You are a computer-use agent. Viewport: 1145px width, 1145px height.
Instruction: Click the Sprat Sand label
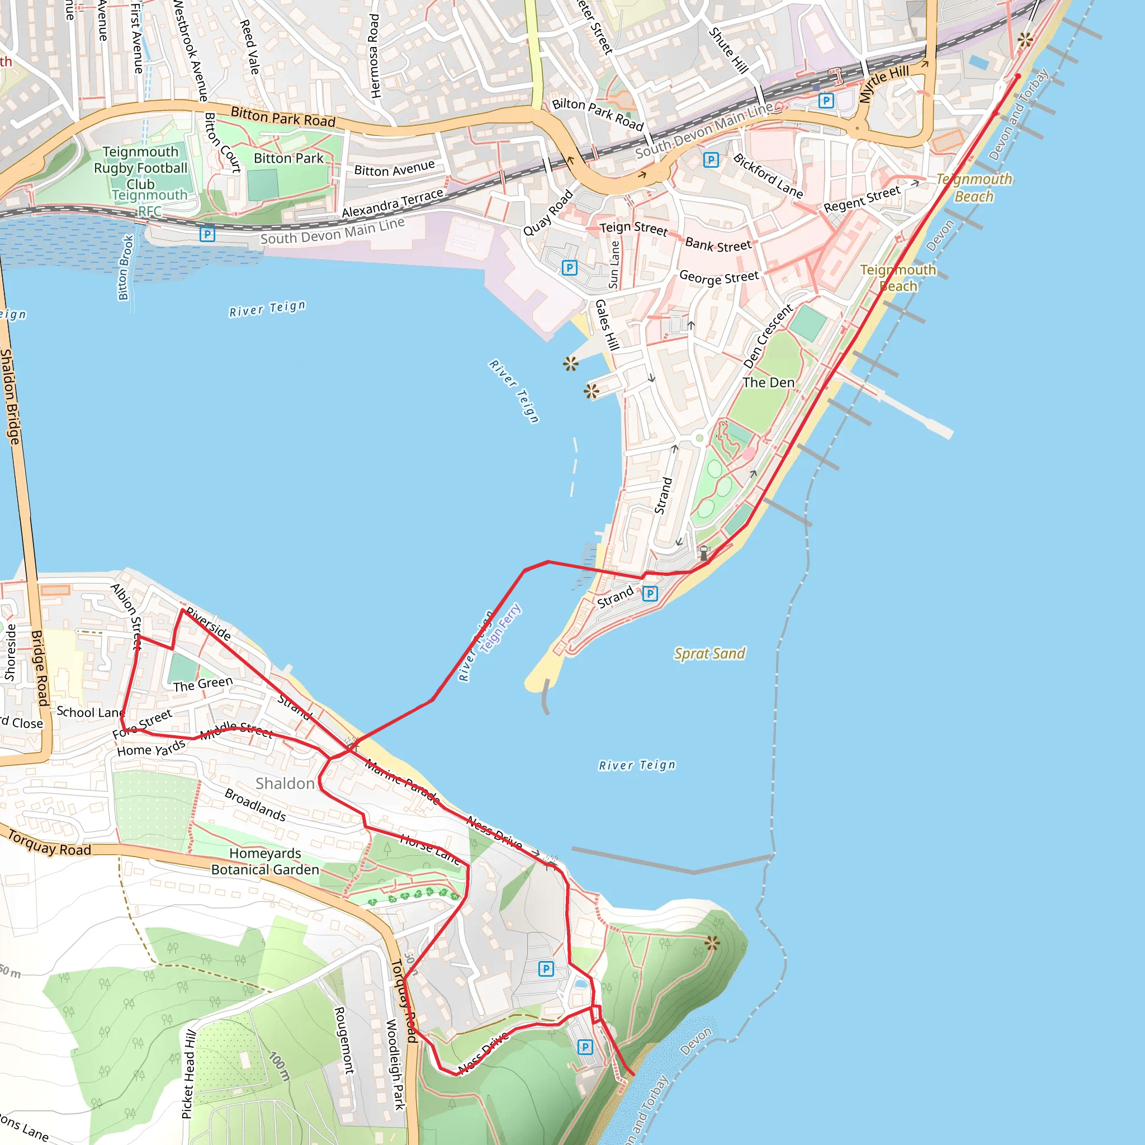pyautogui.click(x=709, y=653)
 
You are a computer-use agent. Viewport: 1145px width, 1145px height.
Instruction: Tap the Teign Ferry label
pyautogui.click(x=501, y=628)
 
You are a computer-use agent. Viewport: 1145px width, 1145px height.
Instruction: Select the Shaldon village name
pyautogui.click(x=285, y=783)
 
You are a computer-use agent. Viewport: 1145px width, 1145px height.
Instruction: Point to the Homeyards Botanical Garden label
pyautogui.click(x=265, y=861)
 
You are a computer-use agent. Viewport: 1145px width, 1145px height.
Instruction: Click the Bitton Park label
pyautogui.click(x=288, y=158)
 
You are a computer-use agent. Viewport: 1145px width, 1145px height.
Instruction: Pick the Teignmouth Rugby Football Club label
pyautogui.click(x=140, y=168)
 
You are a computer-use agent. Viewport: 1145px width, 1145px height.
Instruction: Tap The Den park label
pyautogui.click(x=768, y=382)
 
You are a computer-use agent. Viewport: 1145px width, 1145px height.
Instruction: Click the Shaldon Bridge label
pyautogui.click(x=10, y=396)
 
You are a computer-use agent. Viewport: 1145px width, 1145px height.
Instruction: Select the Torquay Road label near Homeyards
pyautogui.click(x=50, y=844)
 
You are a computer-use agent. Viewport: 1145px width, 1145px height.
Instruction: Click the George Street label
pyautogui.click(x=719, y=277)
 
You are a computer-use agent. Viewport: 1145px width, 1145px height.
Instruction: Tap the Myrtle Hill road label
pyautogui.click(x=884, y=83)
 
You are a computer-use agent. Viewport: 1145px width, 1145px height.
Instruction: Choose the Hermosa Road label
pyautogui.click(x=374, y=56)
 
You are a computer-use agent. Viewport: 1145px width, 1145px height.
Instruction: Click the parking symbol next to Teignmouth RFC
pyautogui.click(x=207, y=234)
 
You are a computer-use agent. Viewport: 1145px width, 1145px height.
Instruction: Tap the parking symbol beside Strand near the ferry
pyautogui.click(x=650, y=593)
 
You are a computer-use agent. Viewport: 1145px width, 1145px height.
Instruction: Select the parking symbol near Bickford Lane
pyautogui.click(x=711, y=159)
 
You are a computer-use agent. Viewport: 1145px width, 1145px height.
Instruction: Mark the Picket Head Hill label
pyautogui.click(x=188, y=1074)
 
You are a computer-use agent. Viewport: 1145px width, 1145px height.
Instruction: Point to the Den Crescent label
pyautogui.click(x=768, y=336)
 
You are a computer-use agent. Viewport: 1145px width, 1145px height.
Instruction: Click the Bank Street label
pyautogui.click(x=718, y=245)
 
